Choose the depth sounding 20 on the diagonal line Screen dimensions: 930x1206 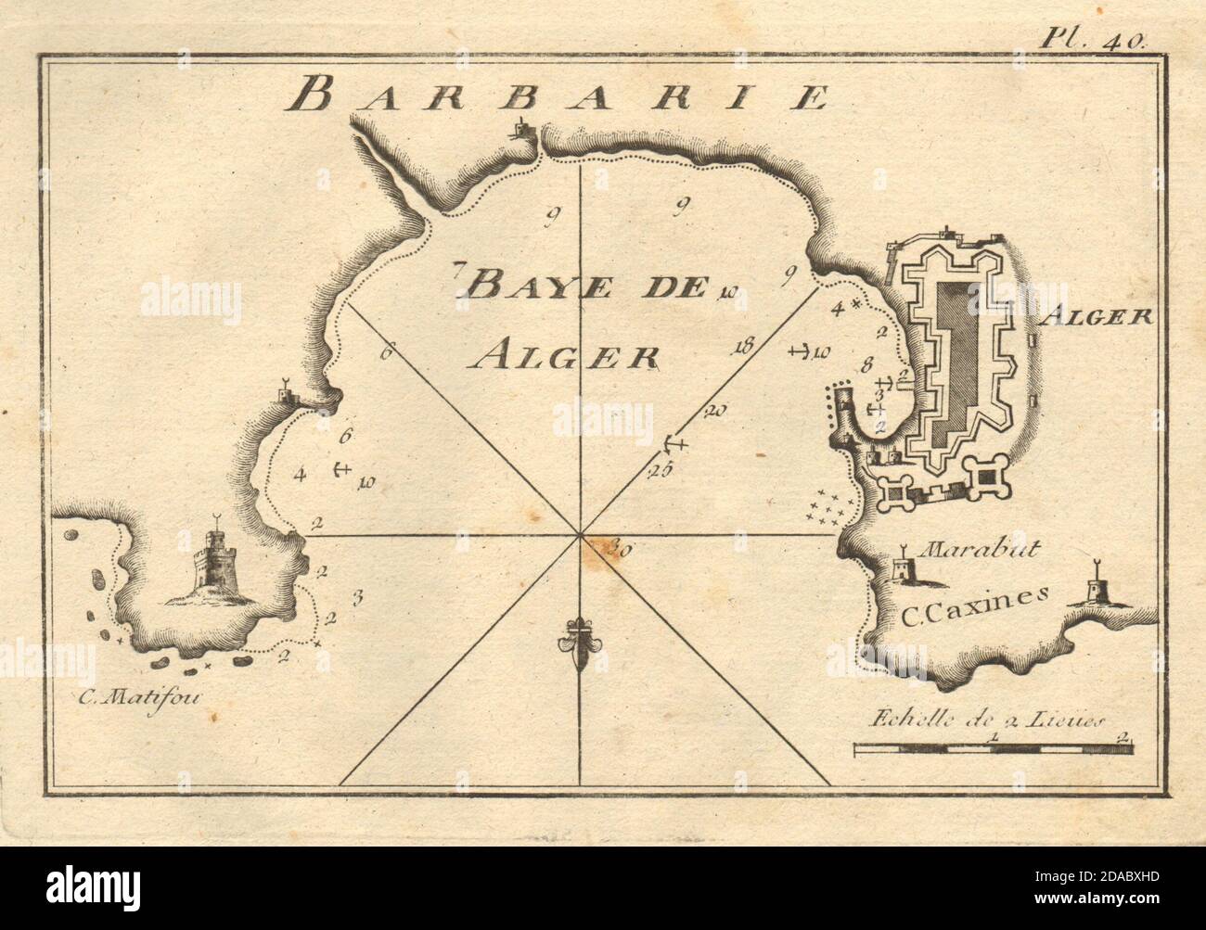[x=714, y=409]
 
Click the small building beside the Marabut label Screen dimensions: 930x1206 [x=902, y=569]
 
